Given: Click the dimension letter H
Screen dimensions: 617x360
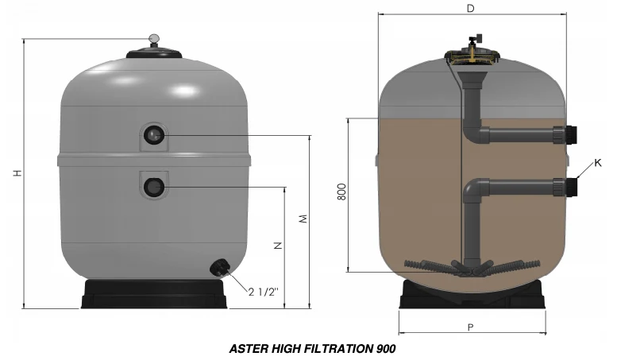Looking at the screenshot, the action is [17, 173].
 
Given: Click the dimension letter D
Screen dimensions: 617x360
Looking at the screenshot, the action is [471, 8].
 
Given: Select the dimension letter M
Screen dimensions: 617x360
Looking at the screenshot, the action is [303, 219].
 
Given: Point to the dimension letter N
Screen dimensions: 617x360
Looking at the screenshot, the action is [278, 246].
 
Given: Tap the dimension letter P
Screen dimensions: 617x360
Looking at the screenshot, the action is [471, 327].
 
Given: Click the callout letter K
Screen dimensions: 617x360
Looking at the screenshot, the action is [598, 163].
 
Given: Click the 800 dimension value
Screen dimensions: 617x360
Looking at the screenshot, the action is [342, 192].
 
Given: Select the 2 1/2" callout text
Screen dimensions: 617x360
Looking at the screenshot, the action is [264, 292].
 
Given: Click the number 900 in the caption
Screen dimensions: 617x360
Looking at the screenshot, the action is [386, 349].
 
